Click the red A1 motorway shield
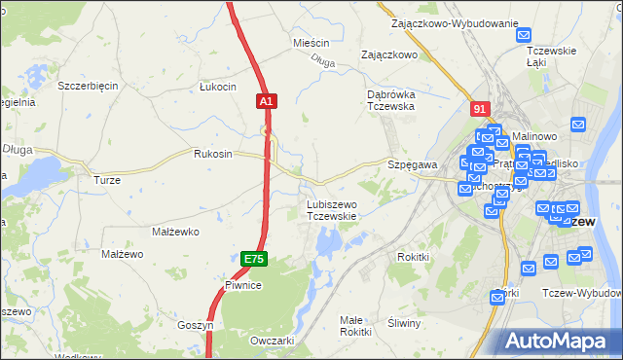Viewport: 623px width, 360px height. click(268, 100)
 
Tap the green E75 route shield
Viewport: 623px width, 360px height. click(253, 259)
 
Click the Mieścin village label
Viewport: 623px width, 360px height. click(311, 44)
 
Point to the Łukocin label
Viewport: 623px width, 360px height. click(217, 87)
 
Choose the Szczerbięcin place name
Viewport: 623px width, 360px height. click(88, 86)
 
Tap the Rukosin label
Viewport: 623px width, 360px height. click(213, 154)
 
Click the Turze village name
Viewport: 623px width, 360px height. click(106, 180)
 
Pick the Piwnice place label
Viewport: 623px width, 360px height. click(242, 285)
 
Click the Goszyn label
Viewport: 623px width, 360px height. click(195, 325)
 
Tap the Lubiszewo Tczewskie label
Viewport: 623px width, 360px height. click(332, 210)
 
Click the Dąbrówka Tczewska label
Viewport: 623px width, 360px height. click(391, 100)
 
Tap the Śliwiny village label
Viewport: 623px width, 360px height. click(403, 323)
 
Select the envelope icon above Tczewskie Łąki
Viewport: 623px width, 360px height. click(526, 33)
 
